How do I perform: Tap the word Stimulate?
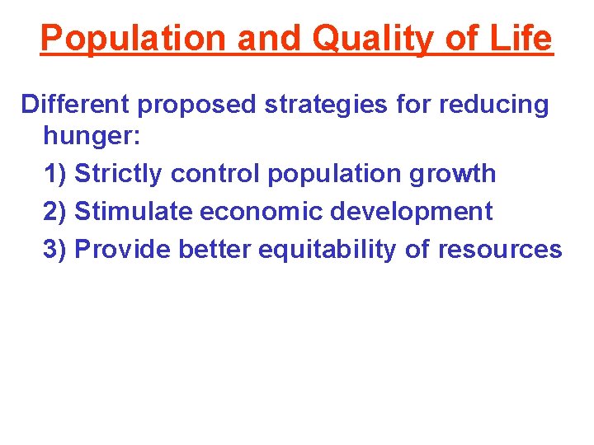pyautogui.click(x=134, y=211)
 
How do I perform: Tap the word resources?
pyautogui.click(x=499, y=249)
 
